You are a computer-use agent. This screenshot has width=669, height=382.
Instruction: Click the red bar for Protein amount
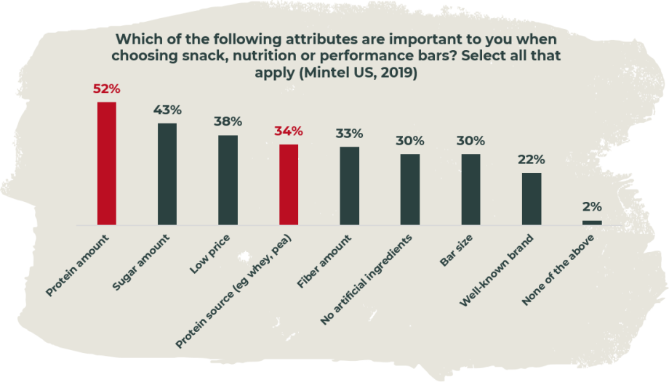106,163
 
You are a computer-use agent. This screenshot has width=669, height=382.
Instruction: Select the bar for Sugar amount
167,174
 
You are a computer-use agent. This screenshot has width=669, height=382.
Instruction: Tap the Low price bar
228,180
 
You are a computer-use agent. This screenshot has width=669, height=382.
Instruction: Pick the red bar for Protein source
289,184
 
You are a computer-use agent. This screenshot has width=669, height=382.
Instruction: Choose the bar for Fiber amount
349,186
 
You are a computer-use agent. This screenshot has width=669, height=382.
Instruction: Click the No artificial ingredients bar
410,190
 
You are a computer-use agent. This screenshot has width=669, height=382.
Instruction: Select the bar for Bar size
470,190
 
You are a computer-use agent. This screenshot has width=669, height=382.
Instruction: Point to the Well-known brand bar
532,198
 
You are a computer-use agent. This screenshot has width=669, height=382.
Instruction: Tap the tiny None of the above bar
592,222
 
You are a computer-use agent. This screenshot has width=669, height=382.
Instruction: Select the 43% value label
167,110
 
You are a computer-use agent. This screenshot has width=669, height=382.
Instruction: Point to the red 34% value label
289,131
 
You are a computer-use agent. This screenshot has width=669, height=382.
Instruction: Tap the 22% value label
532,160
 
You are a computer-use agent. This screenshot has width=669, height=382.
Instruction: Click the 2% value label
592,208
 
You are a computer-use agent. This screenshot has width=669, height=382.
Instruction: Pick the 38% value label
228,122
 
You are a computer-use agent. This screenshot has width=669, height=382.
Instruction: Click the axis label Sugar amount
143,260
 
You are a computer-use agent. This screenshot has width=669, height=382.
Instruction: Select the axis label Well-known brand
499,269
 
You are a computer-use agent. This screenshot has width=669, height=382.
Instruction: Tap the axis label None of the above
561,268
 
